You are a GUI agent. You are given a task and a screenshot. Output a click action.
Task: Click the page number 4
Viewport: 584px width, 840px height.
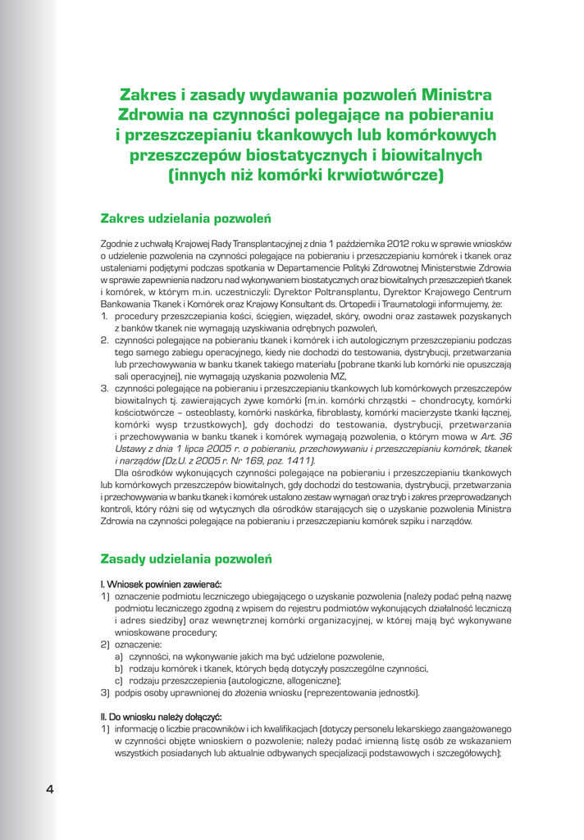pyautogui.click(x=50, y=790)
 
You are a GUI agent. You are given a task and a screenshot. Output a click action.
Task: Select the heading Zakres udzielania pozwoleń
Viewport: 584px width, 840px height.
pyautogui.click(x=185, y=219)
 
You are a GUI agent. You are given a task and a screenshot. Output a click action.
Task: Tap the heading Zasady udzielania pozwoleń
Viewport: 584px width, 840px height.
pyautogui.click(x=186, y=559)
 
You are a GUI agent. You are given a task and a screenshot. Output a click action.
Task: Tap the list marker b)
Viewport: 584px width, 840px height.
pyautogui.click(x=119, y=669)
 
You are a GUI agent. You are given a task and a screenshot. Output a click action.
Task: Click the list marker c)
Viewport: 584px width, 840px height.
pyautogui.click(x=119, y=680)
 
